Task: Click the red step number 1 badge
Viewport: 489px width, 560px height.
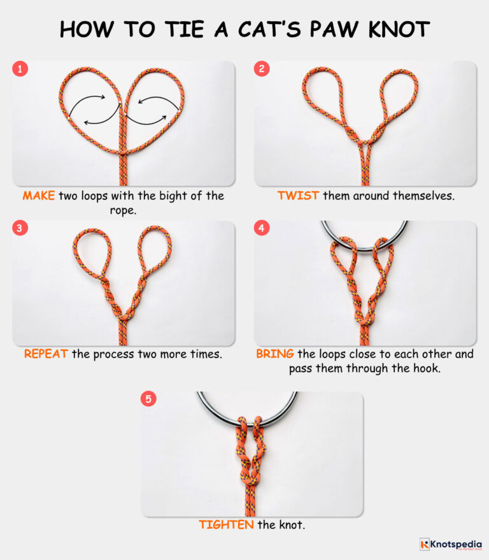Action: coord(21,69)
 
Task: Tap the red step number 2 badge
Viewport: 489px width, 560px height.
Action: coord(262,69)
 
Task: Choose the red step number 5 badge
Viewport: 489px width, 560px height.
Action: coord(149,399)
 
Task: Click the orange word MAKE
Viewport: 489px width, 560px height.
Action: coord(39,196)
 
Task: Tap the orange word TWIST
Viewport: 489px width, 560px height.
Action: coord(298,196)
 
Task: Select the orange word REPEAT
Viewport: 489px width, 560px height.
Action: coord(46,354)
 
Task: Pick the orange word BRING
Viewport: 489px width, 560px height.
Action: coord(271,354)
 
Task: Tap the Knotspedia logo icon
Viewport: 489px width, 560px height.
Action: coord(425,544)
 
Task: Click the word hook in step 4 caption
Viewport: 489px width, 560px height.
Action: coord(426,368)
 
